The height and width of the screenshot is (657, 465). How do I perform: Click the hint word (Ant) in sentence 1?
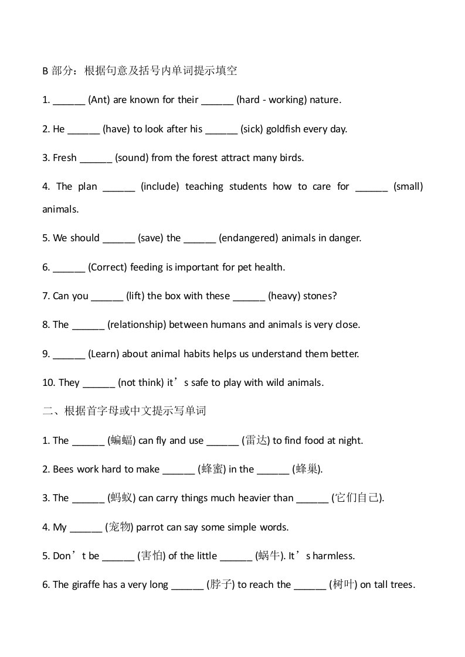click(x=98, y=100)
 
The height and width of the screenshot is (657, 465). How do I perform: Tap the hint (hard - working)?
click(x=271, y=100)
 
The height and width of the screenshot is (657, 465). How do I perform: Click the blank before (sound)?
click(x=96, y=158)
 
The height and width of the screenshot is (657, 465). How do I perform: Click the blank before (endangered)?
click(x=199, y=238)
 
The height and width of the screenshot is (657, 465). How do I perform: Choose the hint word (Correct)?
click(x=107, y=268)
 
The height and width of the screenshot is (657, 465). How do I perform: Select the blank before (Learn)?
click(x=69, y=354)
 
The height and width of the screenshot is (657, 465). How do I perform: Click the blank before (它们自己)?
click(x=312, y=499)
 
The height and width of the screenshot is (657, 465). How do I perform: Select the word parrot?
click(x=150, y=528)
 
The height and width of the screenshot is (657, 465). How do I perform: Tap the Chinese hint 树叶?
click(x=342, y=585)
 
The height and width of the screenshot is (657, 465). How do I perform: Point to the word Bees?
click(x=63, y=470)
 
